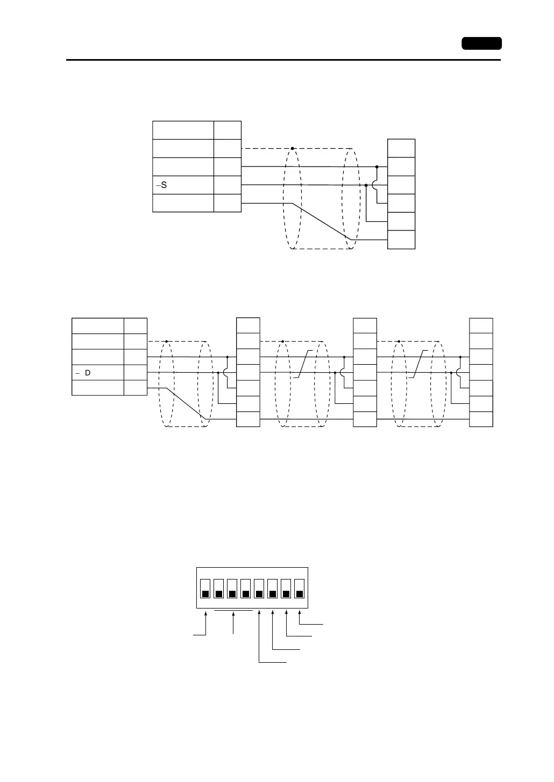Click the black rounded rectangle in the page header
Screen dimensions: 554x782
point(481,44)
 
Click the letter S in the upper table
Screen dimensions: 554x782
point(164,185)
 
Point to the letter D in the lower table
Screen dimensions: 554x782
point(87,372)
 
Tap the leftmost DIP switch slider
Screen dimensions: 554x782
point(205,593)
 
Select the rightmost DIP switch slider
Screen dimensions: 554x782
point(300,593)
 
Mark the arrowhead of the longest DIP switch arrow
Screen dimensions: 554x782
point(259,613)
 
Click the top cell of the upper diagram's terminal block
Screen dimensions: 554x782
point(401,148)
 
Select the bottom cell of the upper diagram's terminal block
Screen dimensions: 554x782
point(401,240)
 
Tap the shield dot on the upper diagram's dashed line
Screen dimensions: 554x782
point(293,148)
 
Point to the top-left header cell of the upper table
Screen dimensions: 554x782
point(183,131)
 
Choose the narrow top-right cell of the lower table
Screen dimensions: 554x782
point(136,326)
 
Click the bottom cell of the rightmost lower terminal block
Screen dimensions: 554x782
point(481,419)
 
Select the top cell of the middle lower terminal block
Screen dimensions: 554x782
point(365,325)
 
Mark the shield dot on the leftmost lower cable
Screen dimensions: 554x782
point(167,341)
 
